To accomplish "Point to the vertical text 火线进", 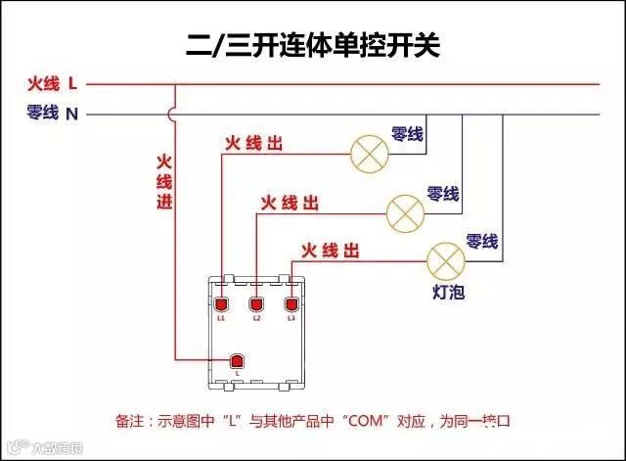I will (163, 180).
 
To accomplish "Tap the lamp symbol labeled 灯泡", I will (444, 259).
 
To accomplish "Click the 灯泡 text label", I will (448, 293).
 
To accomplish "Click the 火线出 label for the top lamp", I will (254, 144).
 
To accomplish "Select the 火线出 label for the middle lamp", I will (290, 203).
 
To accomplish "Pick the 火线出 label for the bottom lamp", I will (330, 252).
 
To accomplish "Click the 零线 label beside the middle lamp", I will (443, 193).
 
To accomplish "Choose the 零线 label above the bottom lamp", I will (481, 241).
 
